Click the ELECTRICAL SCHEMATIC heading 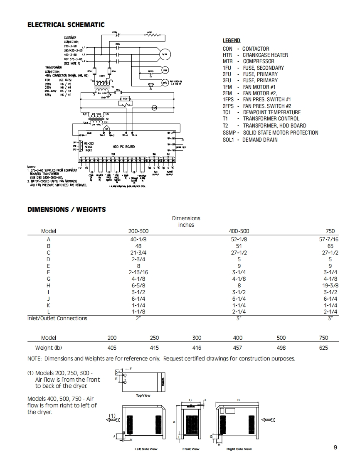(x=66, y=25)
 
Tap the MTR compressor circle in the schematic (x=165, y=54)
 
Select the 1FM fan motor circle (x=165, y=70)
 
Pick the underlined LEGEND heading (x=232, y=41)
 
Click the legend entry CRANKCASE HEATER (x=265, y=55)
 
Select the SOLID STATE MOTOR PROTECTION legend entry (x=281, y=133)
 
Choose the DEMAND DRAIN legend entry (x=260, y=140)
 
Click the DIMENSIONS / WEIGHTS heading (x=67, y=209)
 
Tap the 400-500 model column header (x=239, y=231)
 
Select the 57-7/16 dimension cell (x=328, y=239)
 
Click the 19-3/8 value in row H (x=330, y=285)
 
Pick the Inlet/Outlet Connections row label (x=57, y=319)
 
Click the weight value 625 (x=323, y=348)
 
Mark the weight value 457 (x=238, y=348)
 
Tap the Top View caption (x=143, y=395)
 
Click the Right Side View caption (x=239, y=449)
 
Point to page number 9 (x=335, y=447)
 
